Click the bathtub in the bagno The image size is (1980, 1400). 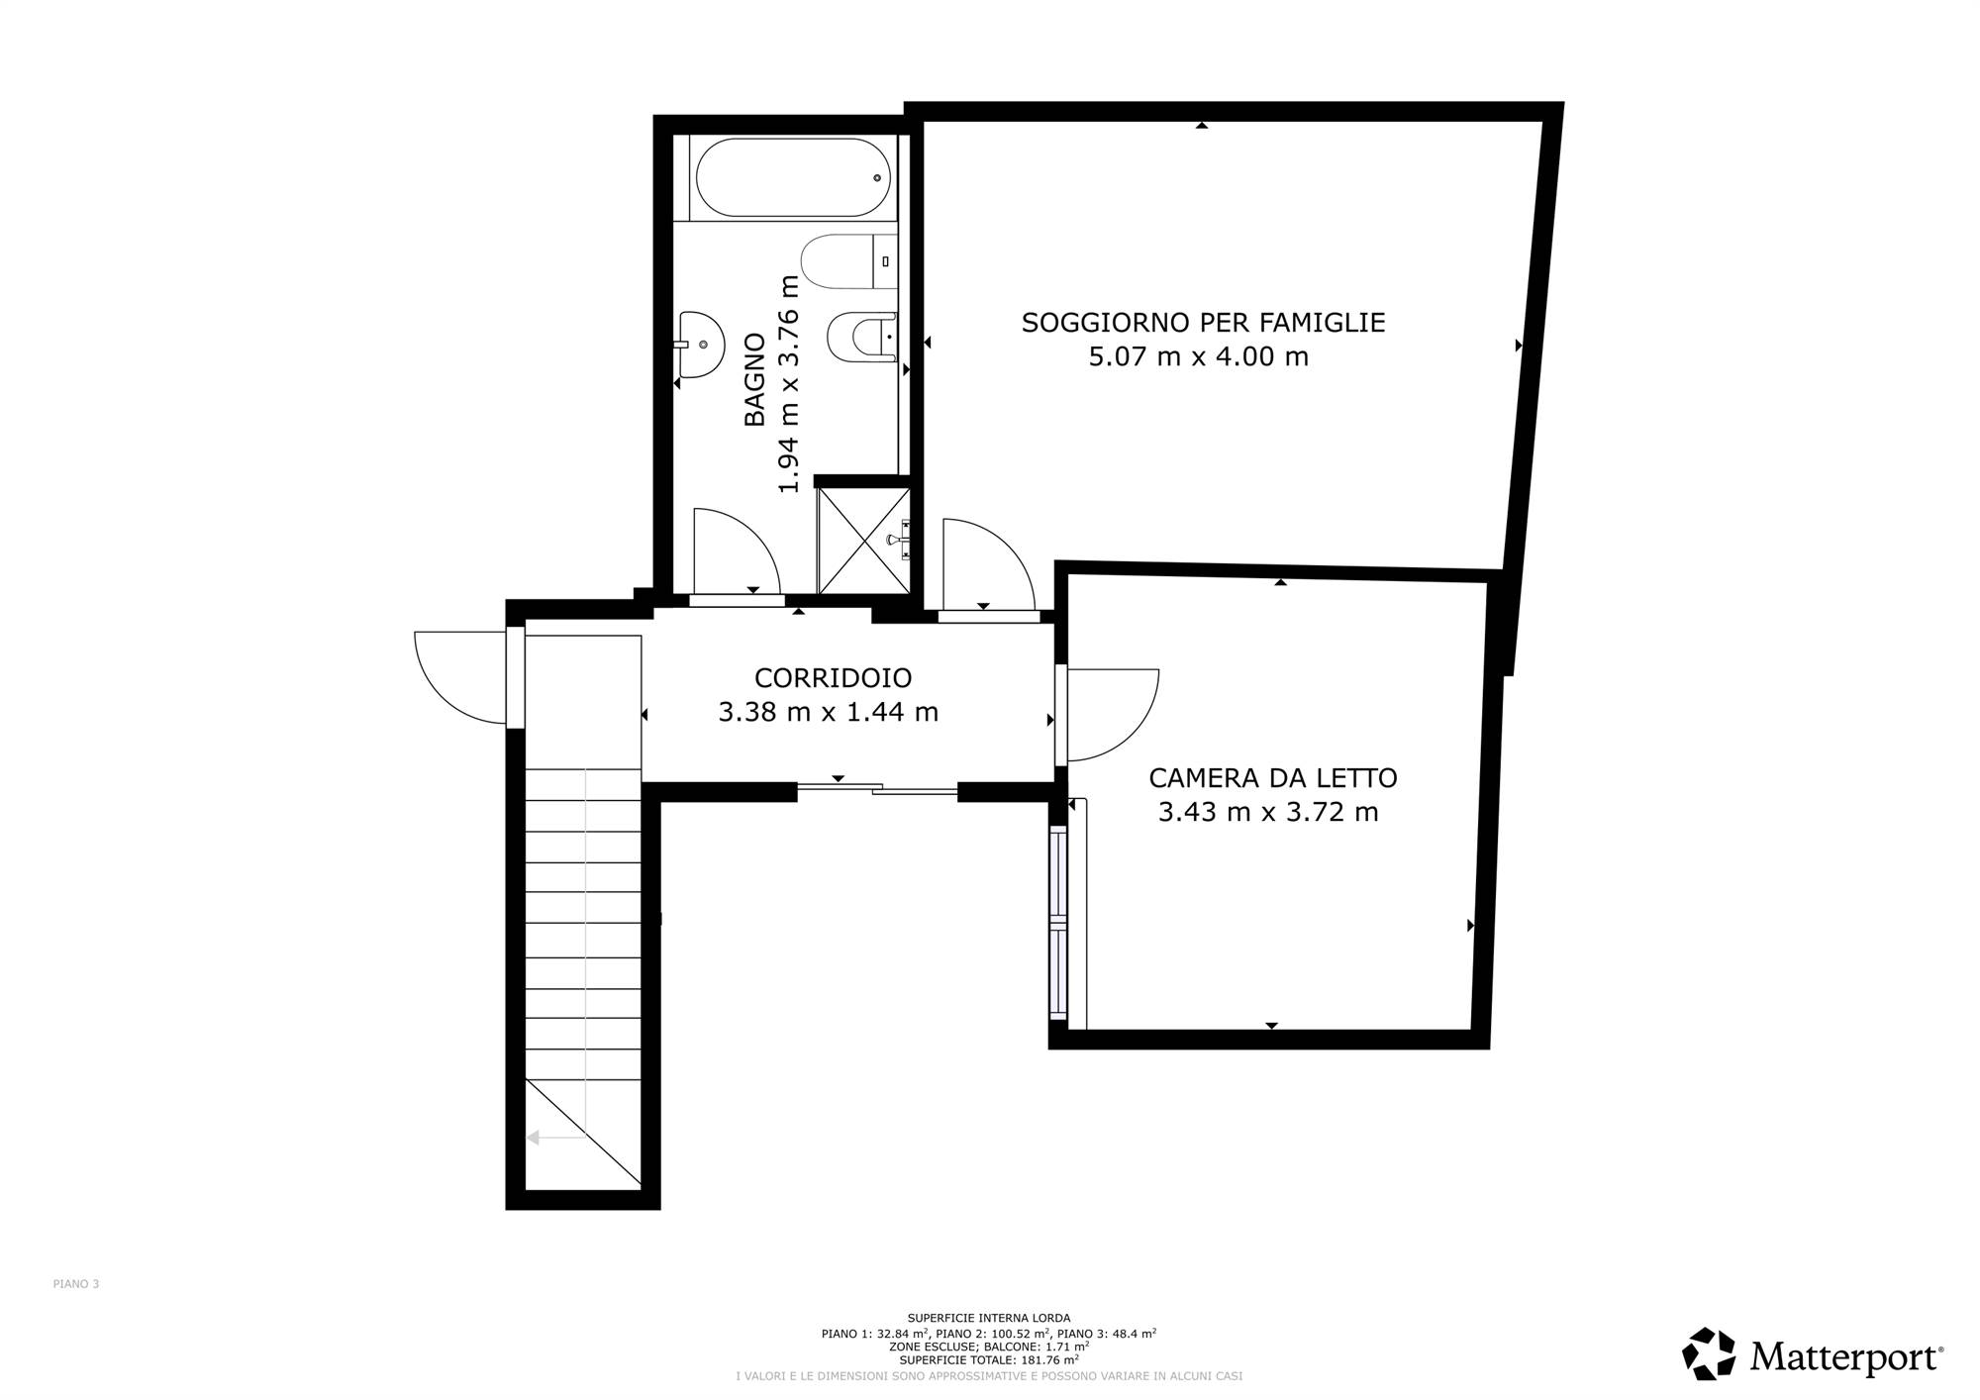(x=792, y=177)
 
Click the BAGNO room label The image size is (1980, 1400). (x=754, y=379)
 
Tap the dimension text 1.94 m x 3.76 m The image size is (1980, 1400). (x=788, y=384)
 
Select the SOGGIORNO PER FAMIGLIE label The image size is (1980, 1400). (x=1203, y=323)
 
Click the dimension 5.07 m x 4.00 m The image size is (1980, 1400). (x=1198, y=356)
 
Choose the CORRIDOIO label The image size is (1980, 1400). (x=833, y=678)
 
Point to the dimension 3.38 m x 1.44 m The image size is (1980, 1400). (x=828, y=712)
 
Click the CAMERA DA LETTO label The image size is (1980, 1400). (x=1273, y=778)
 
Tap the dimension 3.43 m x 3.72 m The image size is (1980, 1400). (x=1268, y=812)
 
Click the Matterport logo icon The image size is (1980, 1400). (x=1709, y=1354)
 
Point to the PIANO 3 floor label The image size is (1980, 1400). (x=76, y=1284)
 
